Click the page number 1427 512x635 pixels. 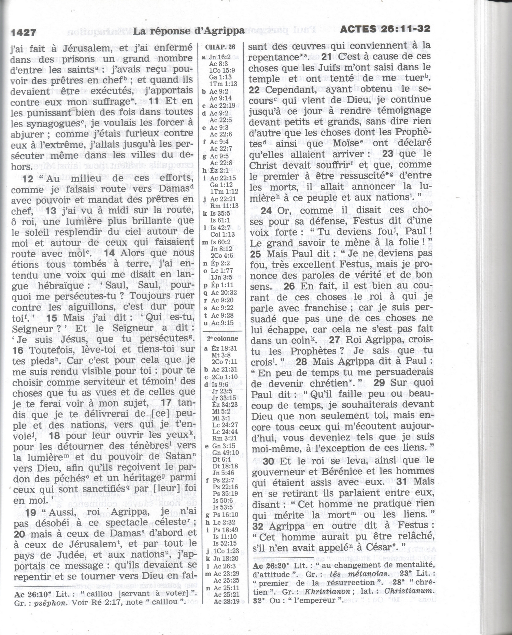point(24,33)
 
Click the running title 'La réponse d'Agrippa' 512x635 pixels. point(189,31)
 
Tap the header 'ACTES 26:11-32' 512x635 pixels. point(385,29)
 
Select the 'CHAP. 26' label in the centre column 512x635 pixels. point(220,47)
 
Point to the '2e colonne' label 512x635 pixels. point(223,338)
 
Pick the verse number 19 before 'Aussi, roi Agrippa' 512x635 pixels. point(30,513)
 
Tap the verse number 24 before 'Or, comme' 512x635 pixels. point(266,211)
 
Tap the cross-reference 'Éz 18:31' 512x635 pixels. point(224,348)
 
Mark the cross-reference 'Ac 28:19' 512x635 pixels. point(226,601)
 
